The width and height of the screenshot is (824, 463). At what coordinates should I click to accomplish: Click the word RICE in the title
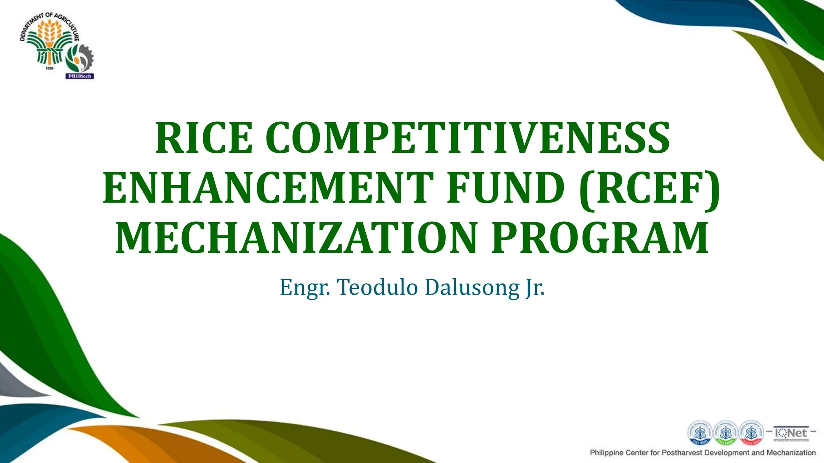204,138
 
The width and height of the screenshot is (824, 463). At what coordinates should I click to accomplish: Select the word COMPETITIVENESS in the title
468,138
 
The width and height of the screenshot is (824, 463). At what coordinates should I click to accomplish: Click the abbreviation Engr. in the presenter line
305,288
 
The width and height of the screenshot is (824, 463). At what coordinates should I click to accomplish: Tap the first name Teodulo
377,287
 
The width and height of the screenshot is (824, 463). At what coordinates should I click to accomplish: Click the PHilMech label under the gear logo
80,76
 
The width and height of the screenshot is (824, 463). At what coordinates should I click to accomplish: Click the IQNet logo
791,433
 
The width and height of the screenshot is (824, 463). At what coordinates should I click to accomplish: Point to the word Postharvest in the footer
681,453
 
